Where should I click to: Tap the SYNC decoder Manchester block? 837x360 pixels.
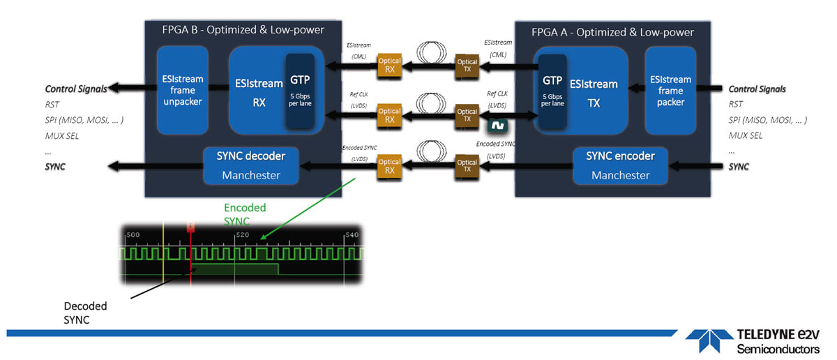pyautogui.click(x=250, y=165)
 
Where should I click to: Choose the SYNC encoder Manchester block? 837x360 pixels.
pyautogui.click(x=620, y=165)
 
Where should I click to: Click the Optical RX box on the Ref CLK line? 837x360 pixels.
pyautogui.click(x=389, y=115)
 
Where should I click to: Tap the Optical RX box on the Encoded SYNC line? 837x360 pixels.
pyautogui.click(x=389, y=167)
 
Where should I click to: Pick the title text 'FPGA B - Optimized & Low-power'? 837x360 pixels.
pyautogui.click(x=243, y=32)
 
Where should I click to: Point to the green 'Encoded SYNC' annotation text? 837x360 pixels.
pyautogui.click(x=245, y=213)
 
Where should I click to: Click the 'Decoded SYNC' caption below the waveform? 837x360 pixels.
pyautogui.click(x=85, y=312)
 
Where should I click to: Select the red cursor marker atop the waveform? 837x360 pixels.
pyautogui.click(x=190, y=227)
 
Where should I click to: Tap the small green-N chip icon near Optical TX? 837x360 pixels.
pyautogui.click(x=497, y=126)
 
